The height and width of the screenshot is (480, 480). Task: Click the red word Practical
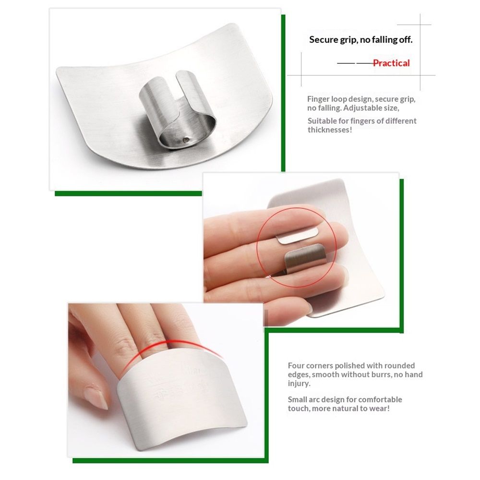(x=391, y=63)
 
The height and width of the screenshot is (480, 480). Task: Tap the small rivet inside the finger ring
(x=185, y=140)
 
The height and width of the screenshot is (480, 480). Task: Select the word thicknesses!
(x=330, y=130)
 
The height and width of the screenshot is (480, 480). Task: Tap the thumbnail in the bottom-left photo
(x=97, y=397)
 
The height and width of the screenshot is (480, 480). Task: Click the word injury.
(x=299, y=384)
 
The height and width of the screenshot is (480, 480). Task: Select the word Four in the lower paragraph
(x=296, y=365)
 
